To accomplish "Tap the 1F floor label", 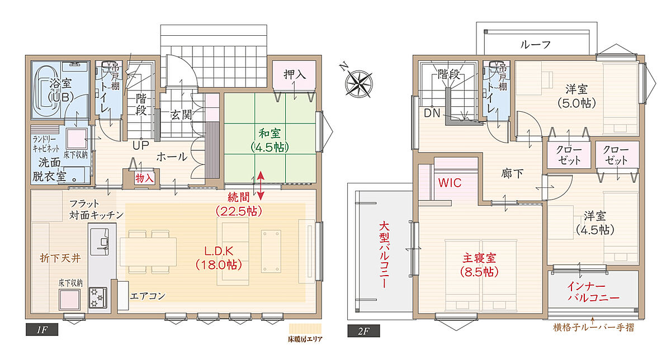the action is coord(42,330).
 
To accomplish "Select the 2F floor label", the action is coord(363,331).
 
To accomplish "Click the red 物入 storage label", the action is coord(144,178).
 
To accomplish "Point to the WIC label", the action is coord(450,183).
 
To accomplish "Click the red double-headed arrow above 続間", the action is coord(261,186).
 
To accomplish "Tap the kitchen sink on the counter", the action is coord(100,241).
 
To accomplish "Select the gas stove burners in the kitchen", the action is coord(98,297).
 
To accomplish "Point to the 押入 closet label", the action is coord(295,74).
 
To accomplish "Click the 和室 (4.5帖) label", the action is coord(270,140).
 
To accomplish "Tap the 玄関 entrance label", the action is coord(181,115).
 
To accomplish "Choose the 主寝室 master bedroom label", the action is coord(479,265).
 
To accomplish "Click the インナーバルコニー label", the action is coord(593,292).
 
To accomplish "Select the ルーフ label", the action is coord(536,45).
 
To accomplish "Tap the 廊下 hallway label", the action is coord(512,173).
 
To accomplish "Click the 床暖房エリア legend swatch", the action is coord(305,329).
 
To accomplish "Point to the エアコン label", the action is coord(148,296).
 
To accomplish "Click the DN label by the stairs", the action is coord(432,113).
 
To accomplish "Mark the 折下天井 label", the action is coord(60,258).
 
